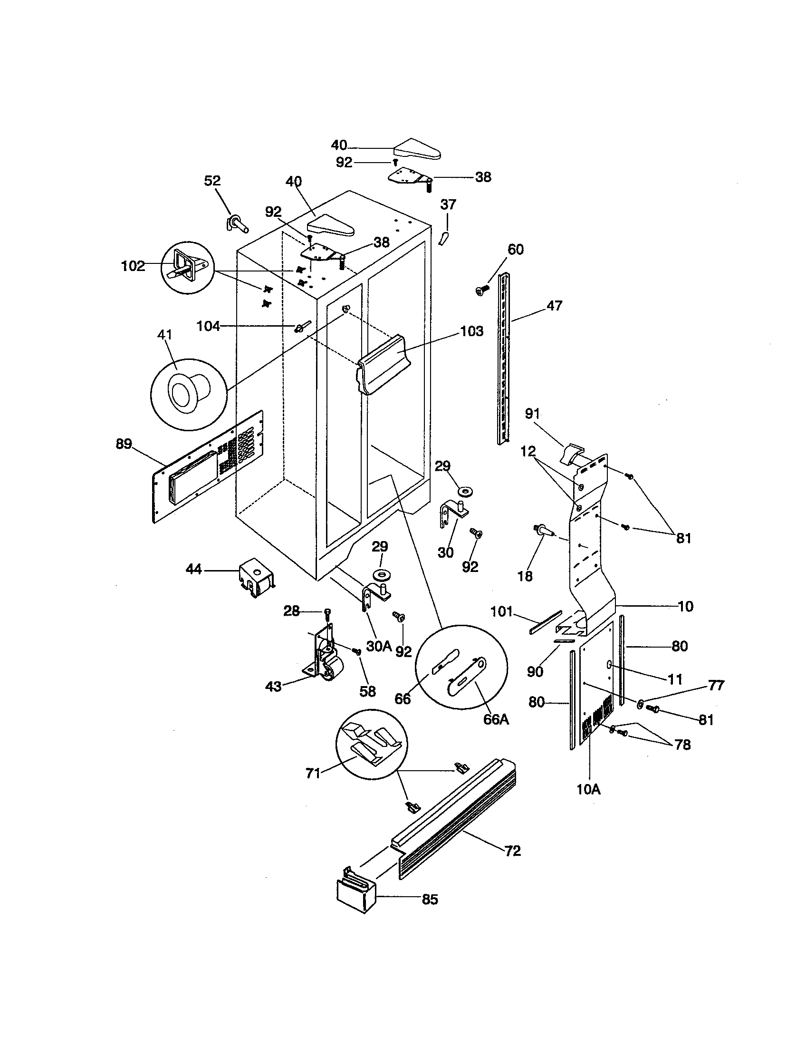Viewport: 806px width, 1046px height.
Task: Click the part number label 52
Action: tap(212, 181)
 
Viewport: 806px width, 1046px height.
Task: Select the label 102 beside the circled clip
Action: tap(133, 266)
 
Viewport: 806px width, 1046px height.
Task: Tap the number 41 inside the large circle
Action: tap(164, 335)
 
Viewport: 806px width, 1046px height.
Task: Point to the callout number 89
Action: tap(124, 444)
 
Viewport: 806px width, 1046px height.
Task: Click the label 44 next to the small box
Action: tap(193, 570)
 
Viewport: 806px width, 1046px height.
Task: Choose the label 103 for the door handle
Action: tap(471, 331)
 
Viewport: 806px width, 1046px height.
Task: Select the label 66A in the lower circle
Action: tap(496, 719)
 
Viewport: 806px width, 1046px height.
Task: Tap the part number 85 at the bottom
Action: tap(430, 900)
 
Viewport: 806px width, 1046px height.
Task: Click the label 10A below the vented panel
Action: tap(588, 790)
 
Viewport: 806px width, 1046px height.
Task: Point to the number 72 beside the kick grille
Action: tap(512, 851)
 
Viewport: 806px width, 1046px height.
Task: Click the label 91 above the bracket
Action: tap(532, 414)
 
